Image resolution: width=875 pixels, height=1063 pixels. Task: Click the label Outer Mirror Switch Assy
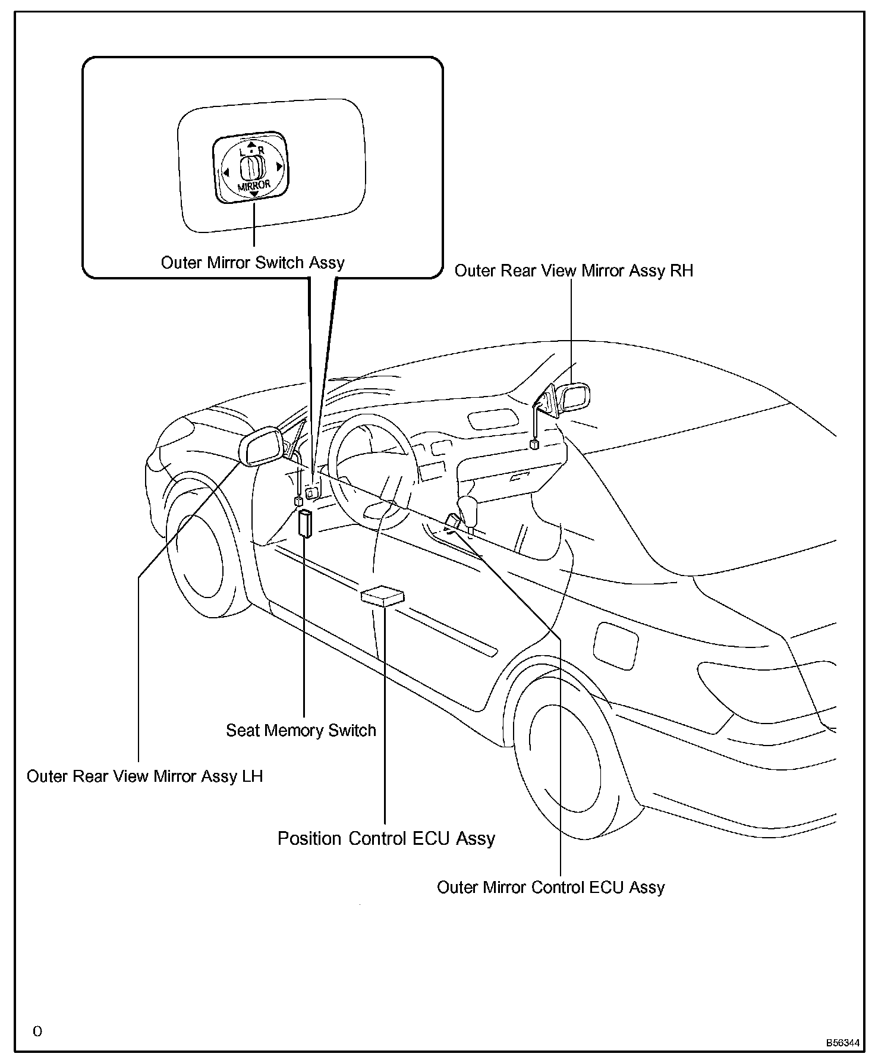253,263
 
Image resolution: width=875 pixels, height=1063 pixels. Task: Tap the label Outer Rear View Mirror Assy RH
574,271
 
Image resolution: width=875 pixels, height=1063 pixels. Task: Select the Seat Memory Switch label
301,731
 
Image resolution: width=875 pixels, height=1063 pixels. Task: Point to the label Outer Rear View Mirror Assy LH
144,776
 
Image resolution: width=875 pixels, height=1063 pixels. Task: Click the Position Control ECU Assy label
386,838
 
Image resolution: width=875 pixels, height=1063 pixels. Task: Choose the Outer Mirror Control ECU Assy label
550,888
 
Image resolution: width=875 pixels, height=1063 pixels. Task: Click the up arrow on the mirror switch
251,144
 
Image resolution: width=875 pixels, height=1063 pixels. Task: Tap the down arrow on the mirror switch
254,194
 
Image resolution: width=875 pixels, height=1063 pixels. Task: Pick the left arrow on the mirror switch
226,173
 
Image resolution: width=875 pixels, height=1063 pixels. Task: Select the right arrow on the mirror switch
279,167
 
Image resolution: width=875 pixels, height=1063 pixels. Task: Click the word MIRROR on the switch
254,185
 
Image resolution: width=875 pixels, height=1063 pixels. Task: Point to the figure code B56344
842,1043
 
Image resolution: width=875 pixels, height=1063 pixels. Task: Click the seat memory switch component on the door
306,523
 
